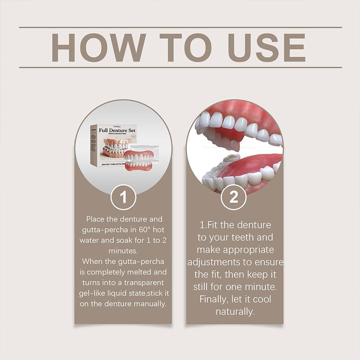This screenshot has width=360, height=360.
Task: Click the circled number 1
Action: click(123, 198)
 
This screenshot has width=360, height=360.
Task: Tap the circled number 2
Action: click(234, 198)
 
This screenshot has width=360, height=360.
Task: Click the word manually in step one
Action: click(149, 304)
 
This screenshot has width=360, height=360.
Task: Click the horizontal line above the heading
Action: click(180, 27)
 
